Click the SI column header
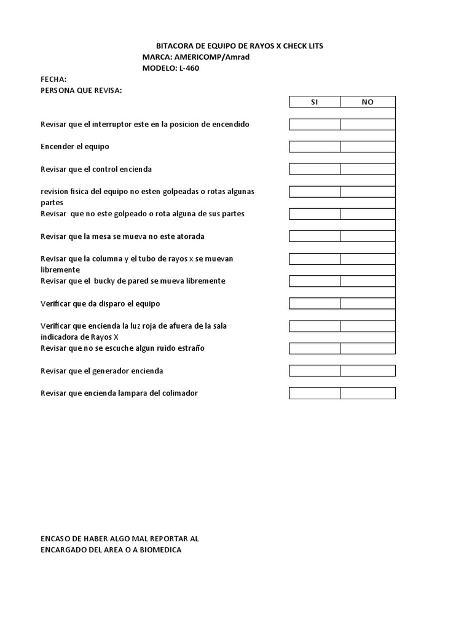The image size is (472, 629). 315,102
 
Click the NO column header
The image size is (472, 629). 368,102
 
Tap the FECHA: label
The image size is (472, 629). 53,79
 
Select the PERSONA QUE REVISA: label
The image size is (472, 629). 81,90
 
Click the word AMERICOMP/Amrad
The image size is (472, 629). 212,57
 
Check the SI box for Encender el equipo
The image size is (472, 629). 315,147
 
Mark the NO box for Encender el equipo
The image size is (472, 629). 368,147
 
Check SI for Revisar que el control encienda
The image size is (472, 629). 315,169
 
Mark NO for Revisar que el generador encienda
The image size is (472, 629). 368,370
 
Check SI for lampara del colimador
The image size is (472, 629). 315,393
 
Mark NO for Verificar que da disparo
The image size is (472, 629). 368,303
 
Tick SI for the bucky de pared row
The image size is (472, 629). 315,281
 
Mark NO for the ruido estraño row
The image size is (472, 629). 368,348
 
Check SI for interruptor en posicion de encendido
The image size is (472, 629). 315,125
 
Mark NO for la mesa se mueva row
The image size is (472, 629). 368,236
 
